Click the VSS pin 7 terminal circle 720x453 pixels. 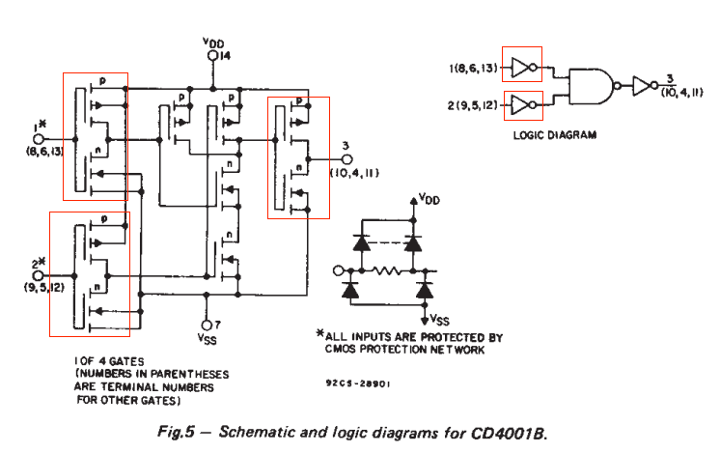(206, 326)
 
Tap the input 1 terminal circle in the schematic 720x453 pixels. (39, 139)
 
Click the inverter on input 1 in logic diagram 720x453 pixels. (521, 69)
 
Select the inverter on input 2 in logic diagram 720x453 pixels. (521, 103)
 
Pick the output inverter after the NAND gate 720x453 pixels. (642, 87)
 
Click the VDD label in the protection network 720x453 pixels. (429, 198)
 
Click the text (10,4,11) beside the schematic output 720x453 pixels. (353, 174)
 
